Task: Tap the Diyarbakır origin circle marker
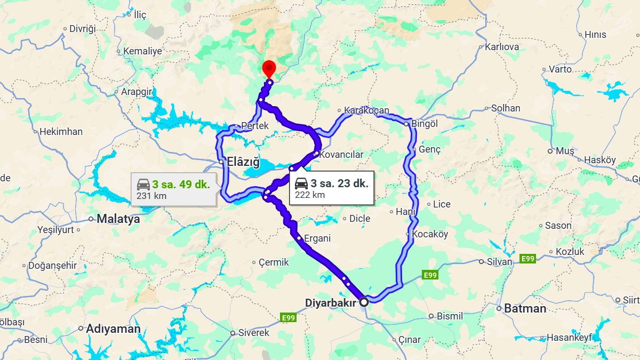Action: tap(364, 302)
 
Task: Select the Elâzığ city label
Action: tap(243, 161)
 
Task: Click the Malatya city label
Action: tap(118, 219)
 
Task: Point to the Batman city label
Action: tap(525, 308)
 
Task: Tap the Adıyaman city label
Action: tap(113, 329)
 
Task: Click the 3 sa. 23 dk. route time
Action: tap(339, 183)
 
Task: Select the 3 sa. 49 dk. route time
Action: tap(181, 185)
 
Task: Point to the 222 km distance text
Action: tap(310, 195)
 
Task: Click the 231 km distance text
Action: tap(151, 196)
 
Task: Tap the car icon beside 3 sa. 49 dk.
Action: tap(143, 185)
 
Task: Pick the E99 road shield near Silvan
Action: tap(527, 259)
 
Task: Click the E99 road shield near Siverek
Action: tap(287, 318)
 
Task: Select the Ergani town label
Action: tap(317, 238)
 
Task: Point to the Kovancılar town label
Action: tap(341, 154)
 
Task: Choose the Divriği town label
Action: tap(82, 29)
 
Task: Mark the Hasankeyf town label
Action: tap(569, 338)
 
